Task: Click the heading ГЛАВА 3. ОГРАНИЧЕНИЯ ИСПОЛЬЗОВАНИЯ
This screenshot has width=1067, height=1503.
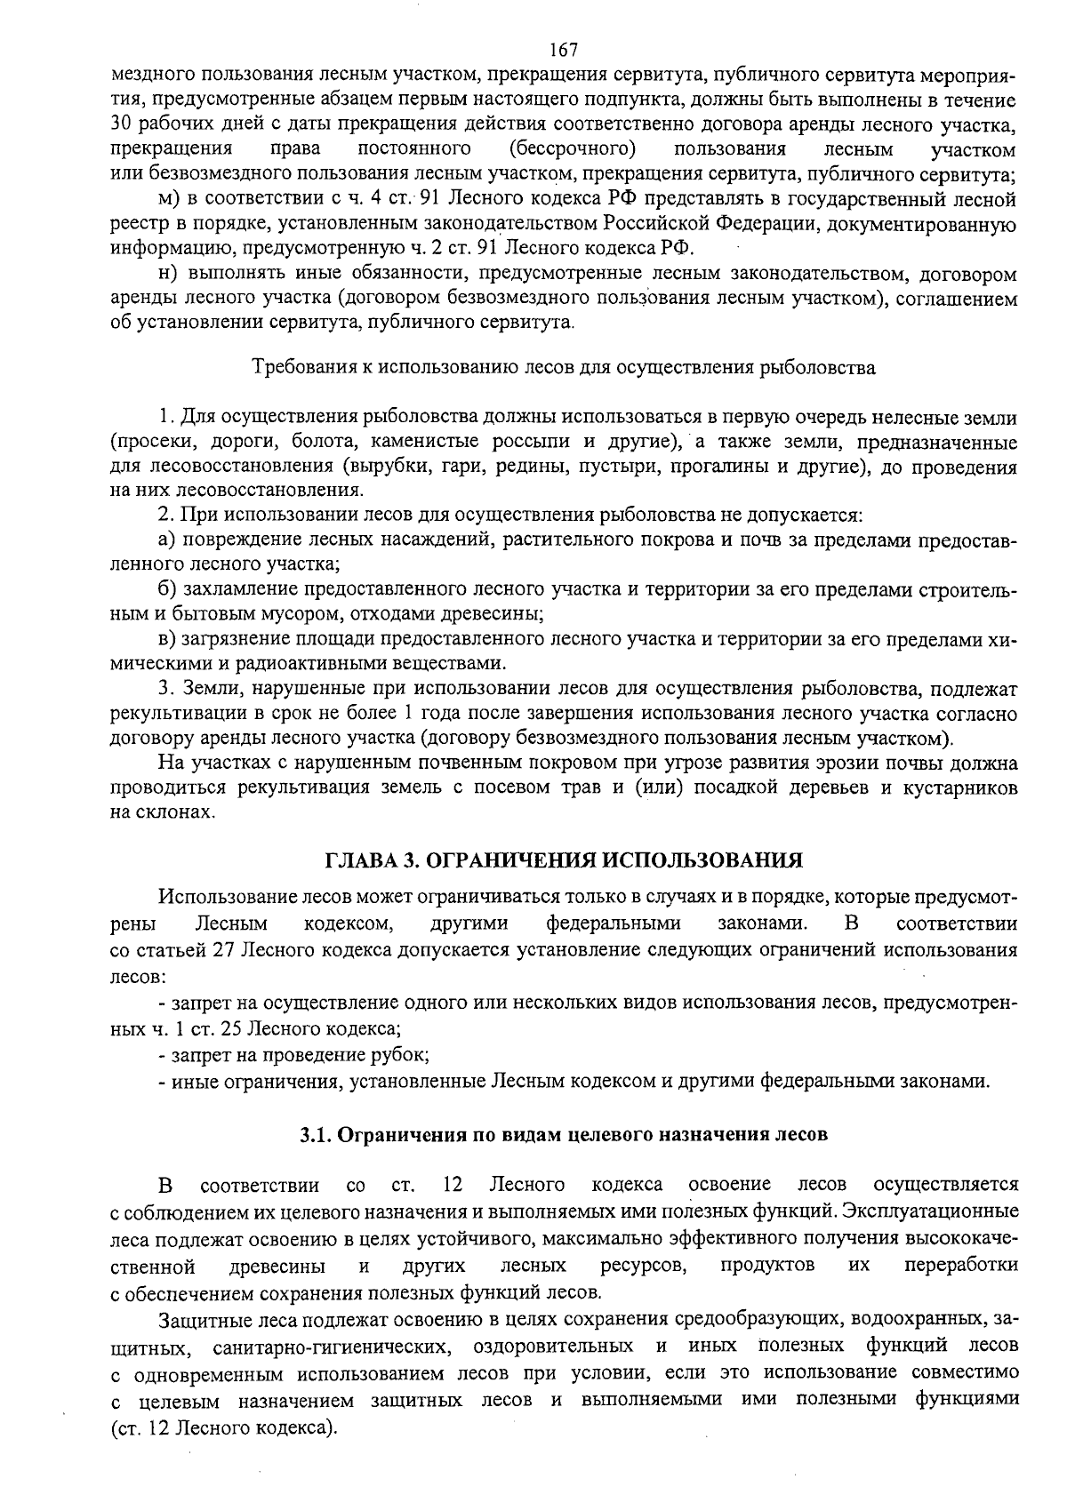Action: pyautogui.click(x=564, y=859)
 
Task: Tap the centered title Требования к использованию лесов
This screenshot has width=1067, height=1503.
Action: pyautogui.click(x=564, y=366)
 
